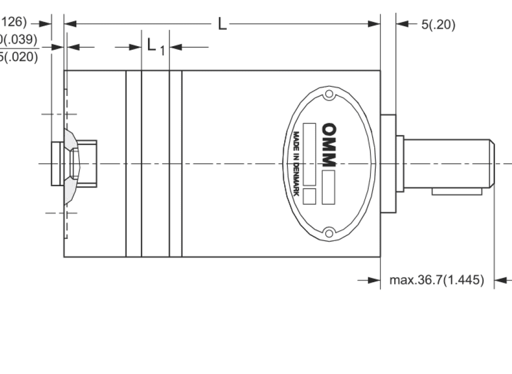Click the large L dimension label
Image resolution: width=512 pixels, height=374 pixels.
tap(222, 24)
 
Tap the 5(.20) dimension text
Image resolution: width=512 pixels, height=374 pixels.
tap(438, 24)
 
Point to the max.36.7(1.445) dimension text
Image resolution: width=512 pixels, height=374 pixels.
tap(436, 280)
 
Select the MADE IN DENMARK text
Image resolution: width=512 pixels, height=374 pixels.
tap(295, 164)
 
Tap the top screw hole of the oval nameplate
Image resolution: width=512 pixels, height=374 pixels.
tap(329, 95)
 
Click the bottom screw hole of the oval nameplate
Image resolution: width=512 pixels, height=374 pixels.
tap(329, 233)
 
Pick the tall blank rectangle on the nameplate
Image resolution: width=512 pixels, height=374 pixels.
tap(309, 154)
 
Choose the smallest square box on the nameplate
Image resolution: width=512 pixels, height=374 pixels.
tap(309, 196)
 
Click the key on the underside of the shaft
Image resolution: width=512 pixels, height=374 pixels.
tap(457, 191)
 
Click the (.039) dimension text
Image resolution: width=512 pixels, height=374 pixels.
tap(20, 40)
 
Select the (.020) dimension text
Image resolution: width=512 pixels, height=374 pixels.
tap(20, 56)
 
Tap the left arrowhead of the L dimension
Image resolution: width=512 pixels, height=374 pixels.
tap(70, 24)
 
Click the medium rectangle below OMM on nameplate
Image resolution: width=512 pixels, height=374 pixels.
tap(328, 187)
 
